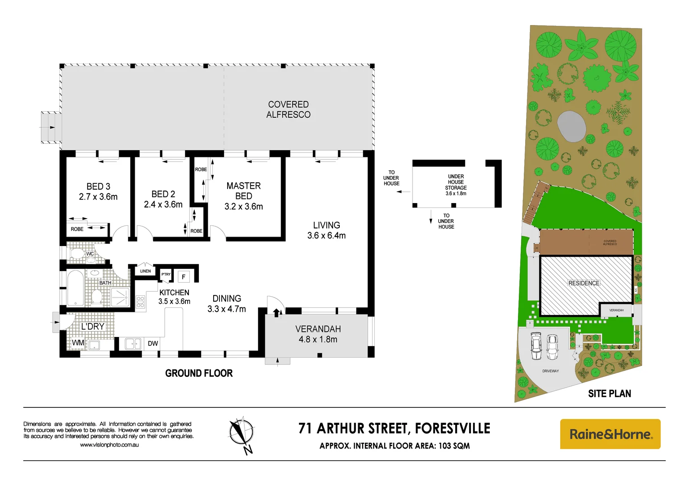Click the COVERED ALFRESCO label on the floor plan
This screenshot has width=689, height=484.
pos(288,109)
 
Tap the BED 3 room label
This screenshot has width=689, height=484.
pos(98,191)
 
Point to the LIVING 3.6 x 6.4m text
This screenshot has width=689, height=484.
pos(326,230)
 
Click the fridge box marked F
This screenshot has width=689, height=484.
pos(184,277)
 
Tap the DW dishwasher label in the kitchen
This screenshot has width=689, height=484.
pos(153,343)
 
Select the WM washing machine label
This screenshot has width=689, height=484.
pos(78,343)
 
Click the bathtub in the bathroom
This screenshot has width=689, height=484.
pos(75,288)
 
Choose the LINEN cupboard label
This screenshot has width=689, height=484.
pos(145,271)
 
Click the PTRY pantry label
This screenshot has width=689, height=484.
pos(166,274)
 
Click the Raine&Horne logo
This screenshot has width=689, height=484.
pos(610,434)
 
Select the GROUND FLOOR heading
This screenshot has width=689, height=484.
pos(199,373)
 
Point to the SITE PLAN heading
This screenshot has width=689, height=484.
pos(609,393)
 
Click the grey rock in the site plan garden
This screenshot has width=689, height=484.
pos(571,126)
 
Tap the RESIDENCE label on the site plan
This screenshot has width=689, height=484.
pos(584,283)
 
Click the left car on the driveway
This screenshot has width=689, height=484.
pos(536,346)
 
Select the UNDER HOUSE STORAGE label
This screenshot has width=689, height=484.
pos(456,185)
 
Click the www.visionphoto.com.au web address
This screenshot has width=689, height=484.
pos(109,445)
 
